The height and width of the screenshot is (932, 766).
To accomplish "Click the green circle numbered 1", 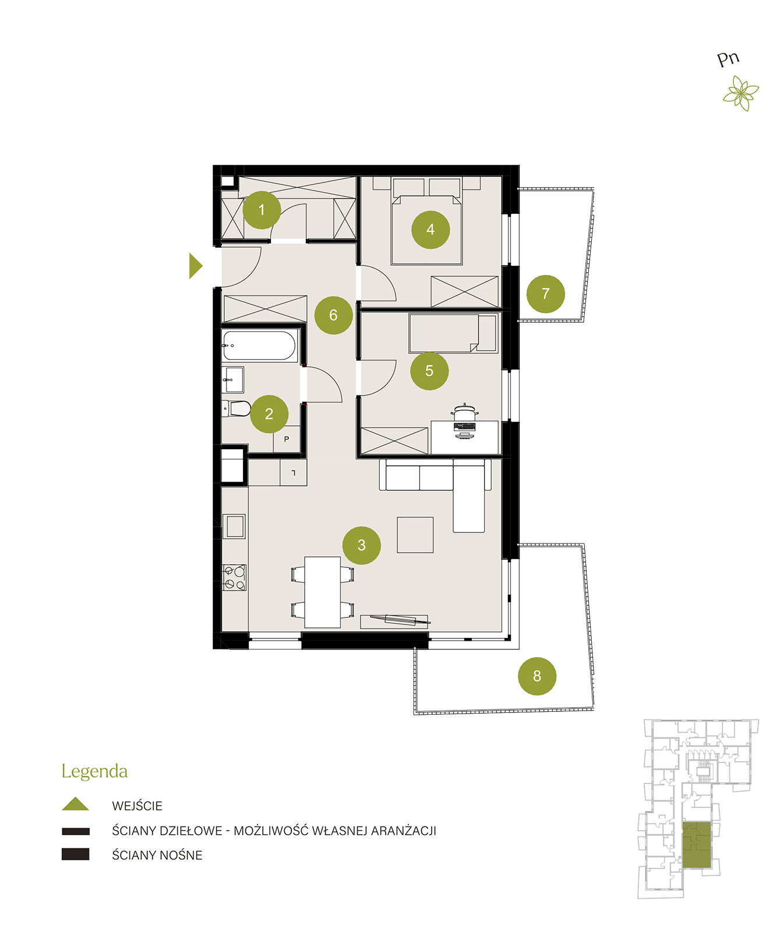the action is point(261,210).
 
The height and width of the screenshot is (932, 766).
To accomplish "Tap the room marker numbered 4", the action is point(430,230).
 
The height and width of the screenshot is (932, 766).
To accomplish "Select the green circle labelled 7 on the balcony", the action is point(545,294).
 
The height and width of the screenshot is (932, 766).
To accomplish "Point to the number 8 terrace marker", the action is point(536,676).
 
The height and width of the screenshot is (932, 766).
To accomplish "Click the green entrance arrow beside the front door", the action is point(195,266).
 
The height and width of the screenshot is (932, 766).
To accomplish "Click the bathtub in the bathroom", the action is point(259,345).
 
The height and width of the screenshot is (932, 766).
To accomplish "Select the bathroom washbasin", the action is point(232,380).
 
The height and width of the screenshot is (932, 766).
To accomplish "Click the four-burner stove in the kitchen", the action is point(234,577).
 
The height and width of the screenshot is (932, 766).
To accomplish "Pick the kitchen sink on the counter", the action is point(234,526).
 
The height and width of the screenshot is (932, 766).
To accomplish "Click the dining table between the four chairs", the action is point(322,592).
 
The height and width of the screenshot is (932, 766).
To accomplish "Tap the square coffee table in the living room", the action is point(415,535).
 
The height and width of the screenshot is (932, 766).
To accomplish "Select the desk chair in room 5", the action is point(464,412).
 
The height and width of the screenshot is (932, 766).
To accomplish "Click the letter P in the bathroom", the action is point(286,439).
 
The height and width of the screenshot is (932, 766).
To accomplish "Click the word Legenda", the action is point(94,772).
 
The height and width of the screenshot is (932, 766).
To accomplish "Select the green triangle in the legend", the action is point(75,804).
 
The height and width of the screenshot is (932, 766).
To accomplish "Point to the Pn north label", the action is point(728,59).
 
